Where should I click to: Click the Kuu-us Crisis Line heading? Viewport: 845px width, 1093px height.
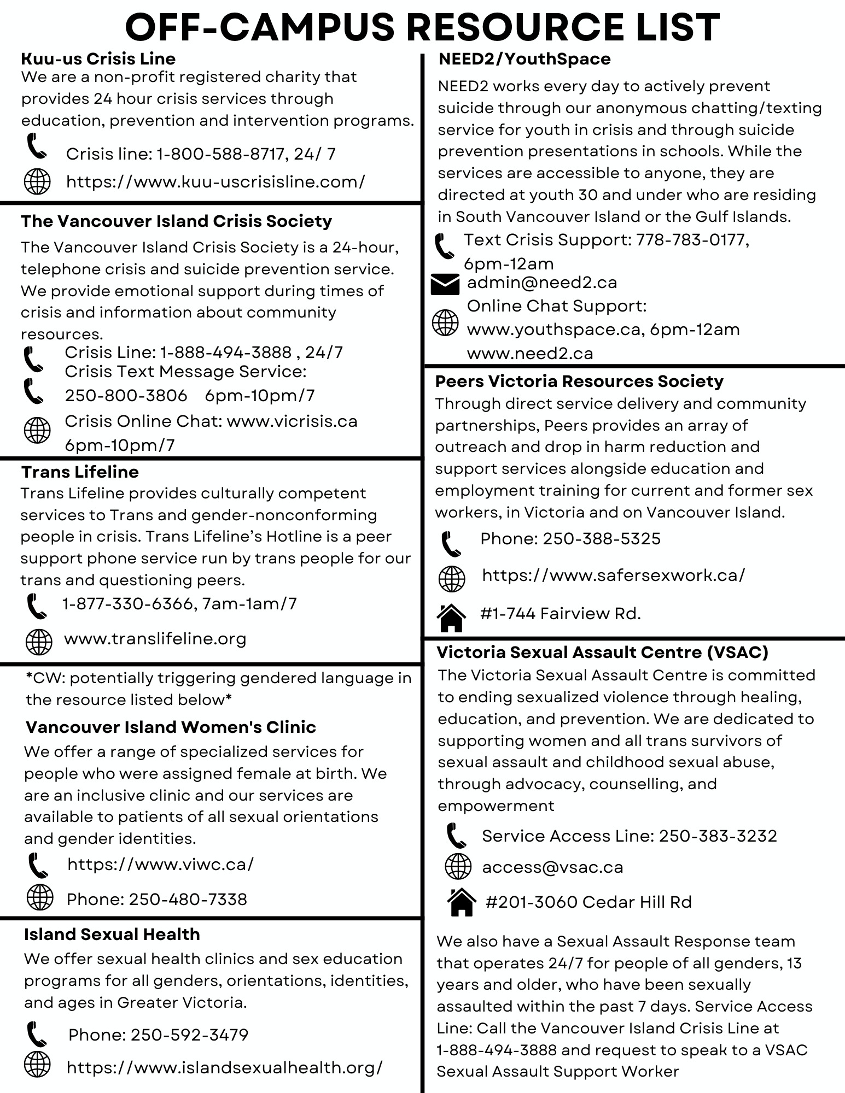98,58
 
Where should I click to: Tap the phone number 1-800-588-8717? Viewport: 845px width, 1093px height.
221,154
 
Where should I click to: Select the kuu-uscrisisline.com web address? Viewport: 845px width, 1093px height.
215,181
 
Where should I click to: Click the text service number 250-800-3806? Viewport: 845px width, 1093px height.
126,396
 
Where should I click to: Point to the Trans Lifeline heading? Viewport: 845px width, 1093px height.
80,472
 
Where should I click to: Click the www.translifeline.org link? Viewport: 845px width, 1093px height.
155,639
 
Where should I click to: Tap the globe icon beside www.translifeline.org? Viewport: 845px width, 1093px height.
39,642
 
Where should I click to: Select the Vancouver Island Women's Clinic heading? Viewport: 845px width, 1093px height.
171,727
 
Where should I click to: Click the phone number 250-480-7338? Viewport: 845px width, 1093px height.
188,899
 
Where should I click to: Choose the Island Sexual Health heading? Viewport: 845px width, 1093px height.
112,934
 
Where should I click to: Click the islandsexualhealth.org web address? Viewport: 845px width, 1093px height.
224,1067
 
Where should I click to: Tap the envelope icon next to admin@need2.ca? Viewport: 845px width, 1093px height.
445,284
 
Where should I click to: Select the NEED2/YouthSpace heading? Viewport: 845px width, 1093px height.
524,58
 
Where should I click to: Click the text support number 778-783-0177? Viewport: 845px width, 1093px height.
691,239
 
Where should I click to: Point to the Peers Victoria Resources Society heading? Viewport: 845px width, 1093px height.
579,381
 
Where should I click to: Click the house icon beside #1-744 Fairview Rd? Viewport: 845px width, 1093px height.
451,618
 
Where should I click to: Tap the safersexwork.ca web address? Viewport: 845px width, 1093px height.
613,575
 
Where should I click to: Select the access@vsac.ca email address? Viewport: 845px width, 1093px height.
552,867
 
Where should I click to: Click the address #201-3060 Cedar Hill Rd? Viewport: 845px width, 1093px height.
588,902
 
